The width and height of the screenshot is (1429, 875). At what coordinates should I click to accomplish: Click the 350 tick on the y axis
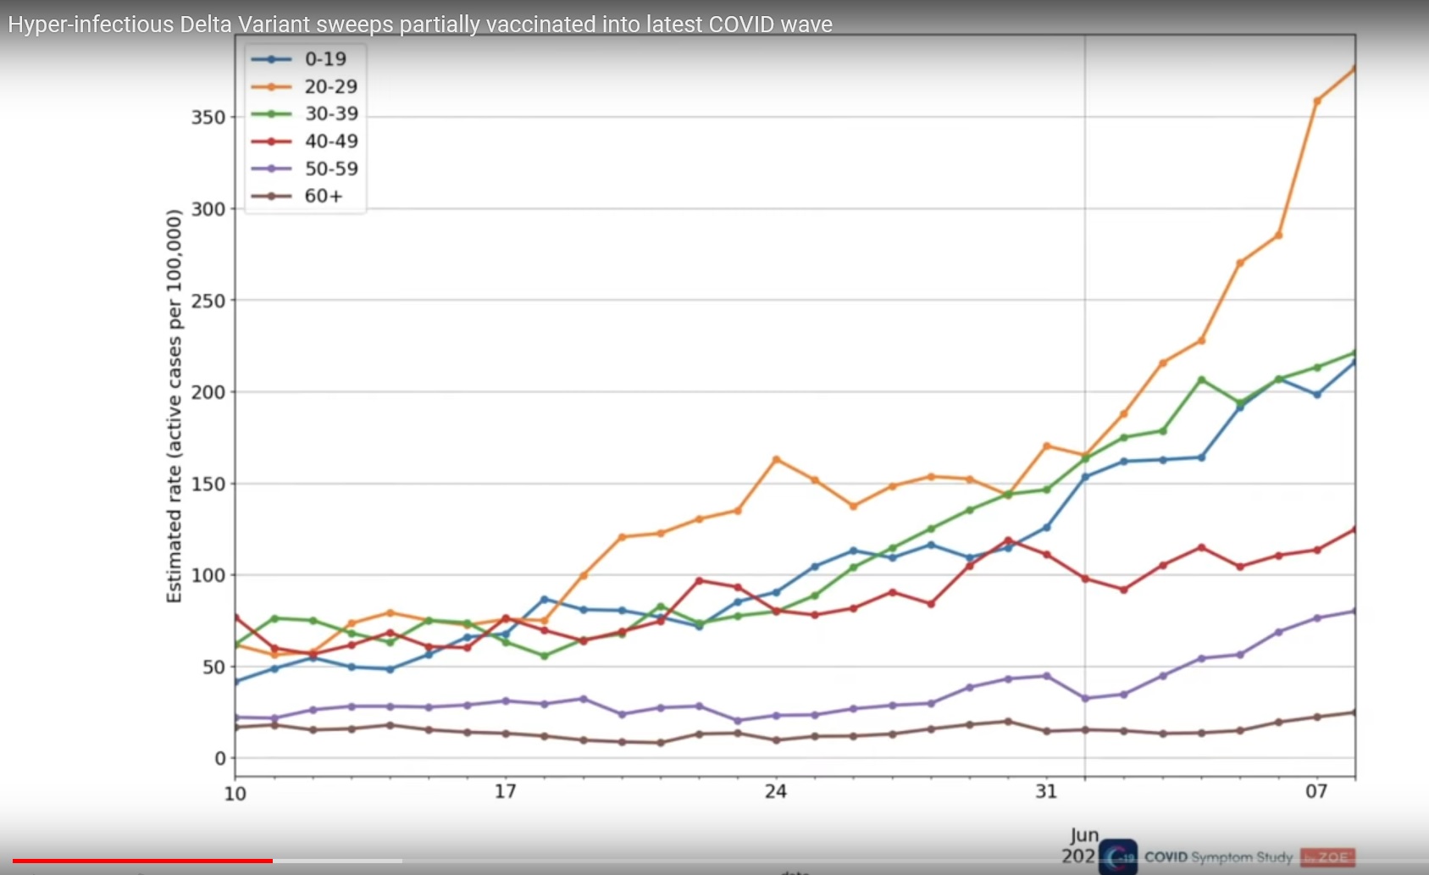(208, 117)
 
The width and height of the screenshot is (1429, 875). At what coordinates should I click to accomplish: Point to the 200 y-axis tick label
(208, 392)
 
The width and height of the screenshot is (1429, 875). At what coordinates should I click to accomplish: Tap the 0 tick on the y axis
(220, 758)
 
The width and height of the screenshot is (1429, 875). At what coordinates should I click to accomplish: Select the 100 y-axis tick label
(208, 575)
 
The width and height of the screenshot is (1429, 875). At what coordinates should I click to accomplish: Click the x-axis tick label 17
(505, 791)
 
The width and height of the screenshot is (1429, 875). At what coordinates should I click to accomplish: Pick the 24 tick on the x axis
(775, 791)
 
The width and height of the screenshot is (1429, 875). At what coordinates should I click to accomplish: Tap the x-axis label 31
(1046, 791)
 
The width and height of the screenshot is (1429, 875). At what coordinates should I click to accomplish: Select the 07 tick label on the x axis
(1316, 791)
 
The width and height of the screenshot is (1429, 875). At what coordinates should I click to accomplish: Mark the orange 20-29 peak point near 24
(776, 459)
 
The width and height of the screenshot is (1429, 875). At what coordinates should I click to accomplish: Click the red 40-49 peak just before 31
(1008, 540)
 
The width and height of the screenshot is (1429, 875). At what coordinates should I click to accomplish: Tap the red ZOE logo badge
(1328, 857)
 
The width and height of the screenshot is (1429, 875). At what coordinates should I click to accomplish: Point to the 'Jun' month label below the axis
(1084, 835)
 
